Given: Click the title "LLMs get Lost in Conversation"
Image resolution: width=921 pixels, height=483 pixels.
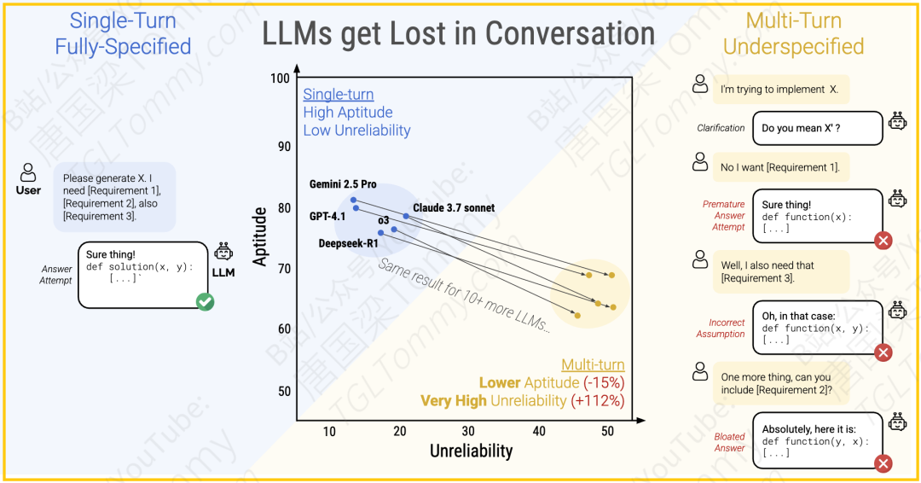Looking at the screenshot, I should click(458, 33).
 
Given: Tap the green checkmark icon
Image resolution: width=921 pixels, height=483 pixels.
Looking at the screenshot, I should click(205, 301).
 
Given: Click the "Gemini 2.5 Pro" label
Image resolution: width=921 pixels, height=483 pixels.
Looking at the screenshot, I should click(343, 184).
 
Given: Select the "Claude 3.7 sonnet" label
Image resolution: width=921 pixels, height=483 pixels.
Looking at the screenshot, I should click(454, 207).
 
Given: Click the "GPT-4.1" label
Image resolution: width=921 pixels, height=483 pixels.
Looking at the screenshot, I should click(327, 217).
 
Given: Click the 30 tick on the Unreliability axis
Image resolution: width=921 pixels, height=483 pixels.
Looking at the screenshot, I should click(468, 432).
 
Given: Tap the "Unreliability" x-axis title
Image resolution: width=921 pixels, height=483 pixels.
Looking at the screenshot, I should click(471, 451).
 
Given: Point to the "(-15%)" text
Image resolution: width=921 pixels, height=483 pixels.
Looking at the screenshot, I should click(604, 382).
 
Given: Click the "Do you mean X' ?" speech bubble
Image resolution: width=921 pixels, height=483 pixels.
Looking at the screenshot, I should click(817, 128).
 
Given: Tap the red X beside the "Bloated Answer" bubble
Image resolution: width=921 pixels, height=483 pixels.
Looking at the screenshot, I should click(883, 463).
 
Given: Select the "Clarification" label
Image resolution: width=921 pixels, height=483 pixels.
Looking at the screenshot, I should click(721, 128).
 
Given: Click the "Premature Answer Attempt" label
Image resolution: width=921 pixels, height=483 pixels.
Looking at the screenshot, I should click(723, 215).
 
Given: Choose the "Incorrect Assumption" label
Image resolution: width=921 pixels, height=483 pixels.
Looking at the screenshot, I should click(721, 329).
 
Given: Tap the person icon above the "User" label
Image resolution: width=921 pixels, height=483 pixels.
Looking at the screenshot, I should click(28, 172).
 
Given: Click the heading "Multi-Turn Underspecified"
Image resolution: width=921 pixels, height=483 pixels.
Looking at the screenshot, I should click(793, 33).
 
